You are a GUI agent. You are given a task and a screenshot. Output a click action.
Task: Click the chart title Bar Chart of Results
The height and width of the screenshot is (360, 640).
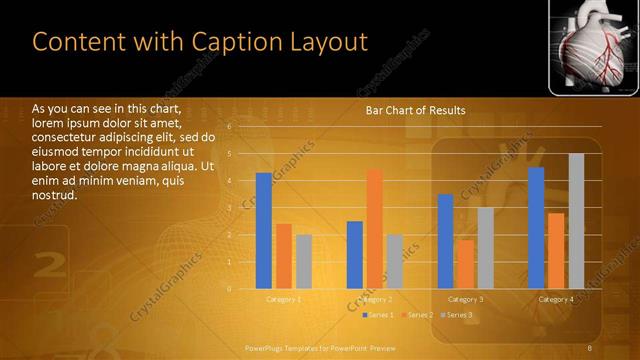[415, 110]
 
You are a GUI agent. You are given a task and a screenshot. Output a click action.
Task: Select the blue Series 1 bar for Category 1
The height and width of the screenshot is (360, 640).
[264, 231]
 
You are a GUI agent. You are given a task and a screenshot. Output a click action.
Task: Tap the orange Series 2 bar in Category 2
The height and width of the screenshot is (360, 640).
[374, 229]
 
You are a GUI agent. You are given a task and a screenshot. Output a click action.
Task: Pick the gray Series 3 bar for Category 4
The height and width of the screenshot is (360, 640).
[576, 221]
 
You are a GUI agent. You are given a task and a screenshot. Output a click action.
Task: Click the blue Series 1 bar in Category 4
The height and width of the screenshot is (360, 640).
[536, 228]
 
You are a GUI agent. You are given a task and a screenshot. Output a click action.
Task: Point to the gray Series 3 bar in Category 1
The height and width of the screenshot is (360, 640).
[304, 262]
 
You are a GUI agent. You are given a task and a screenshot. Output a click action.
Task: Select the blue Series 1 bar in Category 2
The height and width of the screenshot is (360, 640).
[354, 255]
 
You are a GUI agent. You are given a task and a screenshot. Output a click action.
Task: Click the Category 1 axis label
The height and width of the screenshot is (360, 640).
[284, 299]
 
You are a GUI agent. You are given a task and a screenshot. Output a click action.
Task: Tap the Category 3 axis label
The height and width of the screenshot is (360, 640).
[465, 299]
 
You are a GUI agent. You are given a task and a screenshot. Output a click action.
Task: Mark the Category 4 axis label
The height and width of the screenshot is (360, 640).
[556, 299]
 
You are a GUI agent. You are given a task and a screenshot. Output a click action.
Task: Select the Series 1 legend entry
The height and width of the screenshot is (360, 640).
[376, 315]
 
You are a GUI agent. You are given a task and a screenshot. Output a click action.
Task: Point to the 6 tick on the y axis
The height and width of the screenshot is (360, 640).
[230, 127]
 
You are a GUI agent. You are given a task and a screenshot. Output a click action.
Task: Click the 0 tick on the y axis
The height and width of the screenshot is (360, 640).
[230, 289]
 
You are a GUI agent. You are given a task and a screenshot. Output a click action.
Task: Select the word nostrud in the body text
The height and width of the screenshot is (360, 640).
[55, 195]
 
